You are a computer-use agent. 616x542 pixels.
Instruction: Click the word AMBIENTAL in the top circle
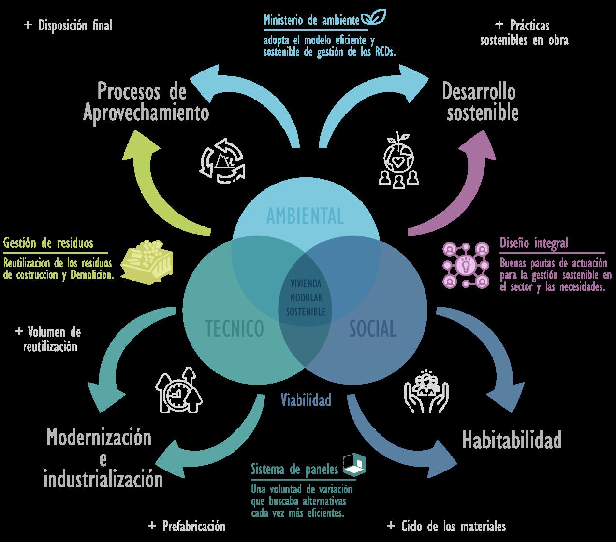[x=305, y=216]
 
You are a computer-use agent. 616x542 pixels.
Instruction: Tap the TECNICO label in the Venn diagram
[x=235, y=328]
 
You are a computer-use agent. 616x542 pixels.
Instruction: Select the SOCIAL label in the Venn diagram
[x=373, y=329]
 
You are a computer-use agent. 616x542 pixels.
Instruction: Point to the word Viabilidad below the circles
[x=306, y=400]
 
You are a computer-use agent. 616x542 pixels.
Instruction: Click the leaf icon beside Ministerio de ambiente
[x=374, y=18]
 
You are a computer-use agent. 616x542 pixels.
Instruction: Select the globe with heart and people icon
[x=398, y=160]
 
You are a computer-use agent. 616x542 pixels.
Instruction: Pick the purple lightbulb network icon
[x=466, y=265]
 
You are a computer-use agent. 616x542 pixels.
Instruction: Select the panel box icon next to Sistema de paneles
[x=354, y=465]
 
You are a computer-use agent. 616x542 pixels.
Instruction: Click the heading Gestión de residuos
[x=48, y=243]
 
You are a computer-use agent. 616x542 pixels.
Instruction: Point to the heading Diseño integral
[x=534, y=243]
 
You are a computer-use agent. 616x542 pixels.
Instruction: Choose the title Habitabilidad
[x=512, y=440]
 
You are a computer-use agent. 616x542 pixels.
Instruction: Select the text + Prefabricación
[x=187, y=526]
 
